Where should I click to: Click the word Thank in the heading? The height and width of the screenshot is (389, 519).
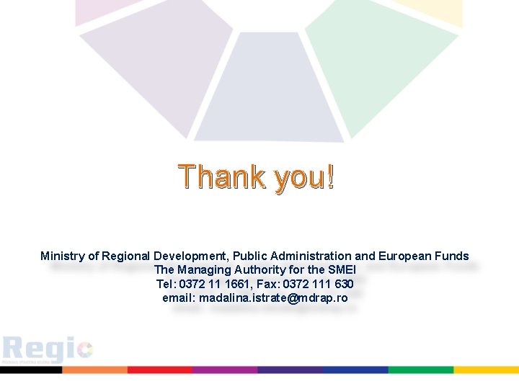[x=221, y=176]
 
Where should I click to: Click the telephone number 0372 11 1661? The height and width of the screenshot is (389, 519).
[x=214, y=284]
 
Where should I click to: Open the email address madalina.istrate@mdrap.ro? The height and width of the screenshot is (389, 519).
[x=273, y=298]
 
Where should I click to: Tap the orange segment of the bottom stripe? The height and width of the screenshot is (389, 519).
[x=94, y=370]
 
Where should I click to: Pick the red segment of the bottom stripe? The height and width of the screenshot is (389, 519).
[x=159, y=370]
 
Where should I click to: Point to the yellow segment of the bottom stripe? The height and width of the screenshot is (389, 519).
[x=486, y=370]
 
